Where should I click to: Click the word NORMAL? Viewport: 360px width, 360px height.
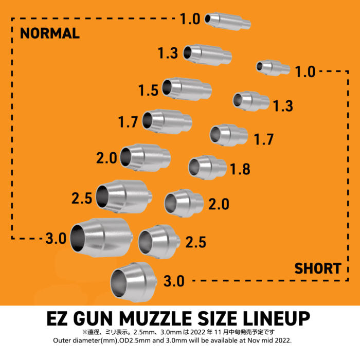50,33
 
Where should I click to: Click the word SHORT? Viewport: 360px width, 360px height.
318,268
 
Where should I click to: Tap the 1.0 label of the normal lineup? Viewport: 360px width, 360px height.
190,19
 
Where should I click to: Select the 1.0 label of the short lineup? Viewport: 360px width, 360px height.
305,71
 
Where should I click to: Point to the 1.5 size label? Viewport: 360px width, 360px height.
148,90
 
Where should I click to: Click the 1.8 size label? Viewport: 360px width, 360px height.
240,169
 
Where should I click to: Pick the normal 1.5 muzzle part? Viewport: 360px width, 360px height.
187,89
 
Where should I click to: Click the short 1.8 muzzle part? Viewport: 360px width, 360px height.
207,167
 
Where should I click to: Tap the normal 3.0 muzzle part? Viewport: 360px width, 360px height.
101,238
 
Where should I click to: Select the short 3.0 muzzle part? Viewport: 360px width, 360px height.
134,282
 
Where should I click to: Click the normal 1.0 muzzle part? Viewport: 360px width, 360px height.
227,21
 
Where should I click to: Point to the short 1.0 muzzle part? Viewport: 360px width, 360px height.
273,68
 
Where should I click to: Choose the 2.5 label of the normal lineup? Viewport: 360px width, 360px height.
82,199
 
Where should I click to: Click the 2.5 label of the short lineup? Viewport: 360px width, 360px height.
195,242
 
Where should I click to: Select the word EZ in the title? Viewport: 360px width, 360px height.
57,318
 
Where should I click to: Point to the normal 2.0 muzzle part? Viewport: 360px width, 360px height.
146,158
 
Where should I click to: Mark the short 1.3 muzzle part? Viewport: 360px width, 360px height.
251,101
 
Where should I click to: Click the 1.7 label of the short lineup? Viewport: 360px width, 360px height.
264,139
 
